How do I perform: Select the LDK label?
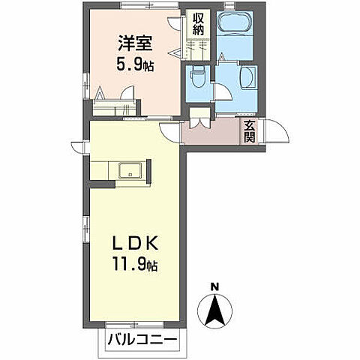pos(135,245)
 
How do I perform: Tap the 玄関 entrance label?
pos(249,132)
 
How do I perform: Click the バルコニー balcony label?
pos(141,340)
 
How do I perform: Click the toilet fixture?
pos(198,76)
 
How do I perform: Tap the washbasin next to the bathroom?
pos(247,77)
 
